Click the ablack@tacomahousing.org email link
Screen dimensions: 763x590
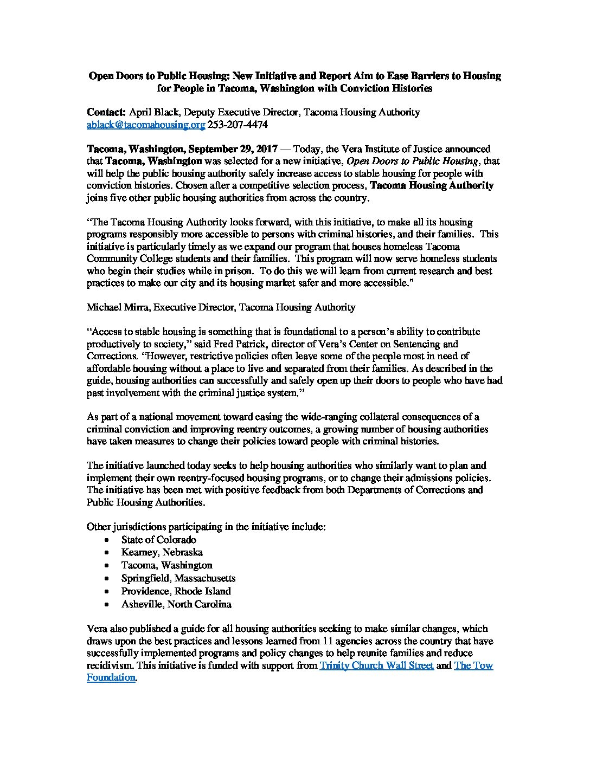(146, 125)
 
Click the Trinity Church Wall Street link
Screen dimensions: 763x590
(376, 666)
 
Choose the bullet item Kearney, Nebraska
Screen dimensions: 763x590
(162, 553)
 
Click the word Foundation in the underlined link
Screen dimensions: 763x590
(111, 677)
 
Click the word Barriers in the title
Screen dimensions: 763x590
(419, 76)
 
